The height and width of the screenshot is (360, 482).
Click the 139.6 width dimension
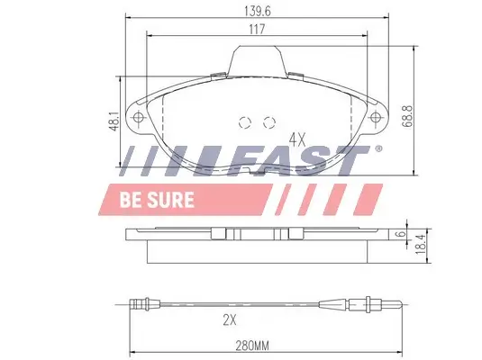[x=258, y=11]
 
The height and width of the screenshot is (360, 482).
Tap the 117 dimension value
[x=257, y=29]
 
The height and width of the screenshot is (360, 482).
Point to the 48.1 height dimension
[x=114, y=121]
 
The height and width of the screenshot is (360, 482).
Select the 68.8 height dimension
[x=407, y=116]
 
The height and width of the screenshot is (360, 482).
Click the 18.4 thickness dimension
[x=420, y=244]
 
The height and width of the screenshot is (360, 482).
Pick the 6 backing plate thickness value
[x=400, y=234]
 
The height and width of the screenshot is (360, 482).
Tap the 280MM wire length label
[x=252, y=346]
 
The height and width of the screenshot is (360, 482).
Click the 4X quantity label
[x=297, y=140]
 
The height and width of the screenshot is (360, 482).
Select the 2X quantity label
[x=230, y=320]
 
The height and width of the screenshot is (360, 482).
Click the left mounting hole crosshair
[x=139, y=117]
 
